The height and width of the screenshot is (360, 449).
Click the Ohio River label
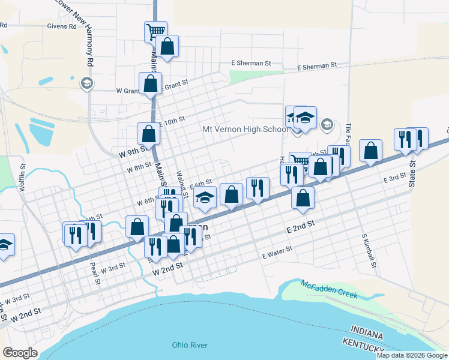coord(189,344)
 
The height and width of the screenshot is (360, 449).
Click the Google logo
coord(20,352)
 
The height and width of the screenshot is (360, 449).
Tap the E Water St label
coord(277,252)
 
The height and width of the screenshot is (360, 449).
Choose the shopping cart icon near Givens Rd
coord(155,31)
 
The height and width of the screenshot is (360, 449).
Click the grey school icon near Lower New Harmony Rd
coord(86,83)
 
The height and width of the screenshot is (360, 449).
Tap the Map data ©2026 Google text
coord(412,355)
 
